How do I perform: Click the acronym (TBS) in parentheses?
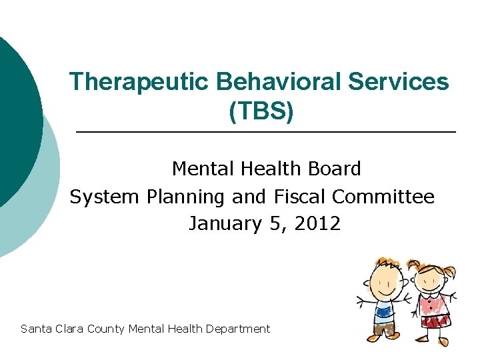[x=261, y=111]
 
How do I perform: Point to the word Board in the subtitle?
[x=331, y=169]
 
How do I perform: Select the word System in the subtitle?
[x=101, y=197]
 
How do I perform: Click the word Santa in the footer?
[x=36, y=329]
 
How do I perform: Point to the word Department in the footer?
[x=238, y=329]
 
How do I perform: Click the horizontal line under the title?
[x=267, y=133]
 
